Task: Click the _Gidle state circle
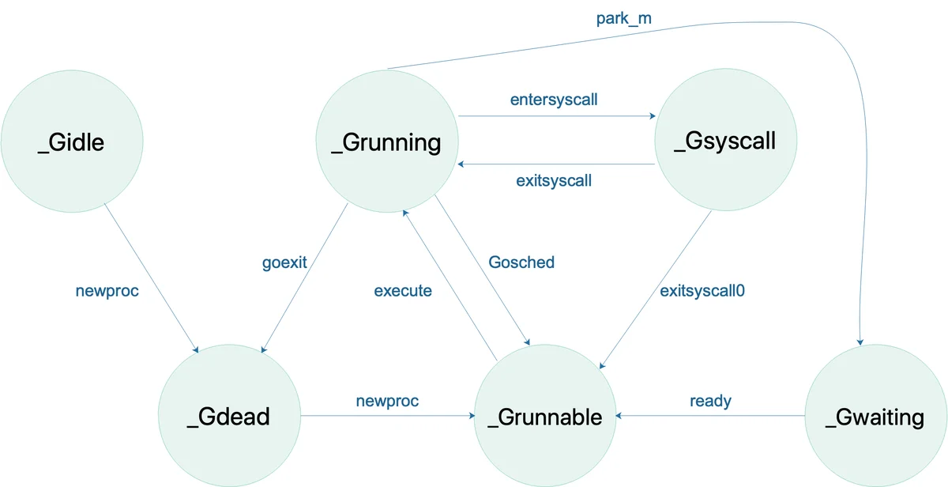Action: pyautogui.click(x=72, y=142)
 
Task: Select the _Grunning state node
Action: pyautogui.click(x=387, y=142)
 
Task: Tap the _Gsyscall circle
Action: pyautogui.click(x=726, y=140)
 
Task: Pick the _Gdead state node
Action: pyautogui.click(x=229, y=416)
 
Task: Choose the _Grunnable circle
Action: pyautogui.click(x=544, y=416)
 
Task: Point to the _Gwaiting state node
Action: pyautogui.click(x=876, y=416)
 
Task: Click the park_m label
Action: pyautogui.click(x=624, y=19)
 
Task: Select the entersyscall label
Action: pyautogui.click(x=554, y=100)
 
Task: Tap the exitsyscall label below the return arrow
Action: pyautogui.click(x=554, y=181)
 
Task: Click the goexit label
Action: pyautogui.click(x=284, y=262)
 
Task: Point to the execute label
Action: pyautogui.click(x=403, y=291)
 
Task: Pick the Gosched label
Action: pyautogui.click(x=521, y=262)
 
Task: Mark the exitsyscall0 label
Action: pyautogui.click(x=702, y=291)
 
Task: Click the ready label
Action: pyautogui.click(x=710, y=401)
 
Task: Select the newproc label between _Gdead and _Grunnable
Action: pyautogui.click(x=387, y=401)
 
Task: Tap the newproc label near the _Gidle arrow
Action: pyautogui.click(x=107, y=291)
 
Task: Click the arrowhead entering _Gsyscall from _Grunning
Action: pyautogui.click(x=653, y=115)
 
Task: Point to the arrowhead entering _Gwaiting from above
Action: pyautogui.click(x=860, y=342)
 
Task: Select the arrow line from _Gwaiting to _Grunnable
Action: pyautogui.click(x=710, y=416)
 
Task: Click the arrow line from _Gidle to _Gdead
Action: pyautogui.click(x=152, y=278)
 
